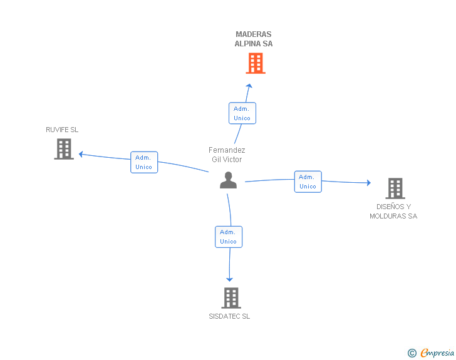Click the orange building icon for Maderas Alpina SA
256,63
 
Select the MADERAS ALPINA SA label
254,39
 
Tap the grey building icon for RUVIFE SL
64,149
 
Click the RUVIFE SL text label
62,130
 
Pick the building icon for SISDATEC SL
231,298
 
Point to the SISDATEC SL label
229,316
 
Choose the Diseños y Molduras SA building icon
395,188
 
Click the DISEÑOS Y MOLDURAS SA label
393,212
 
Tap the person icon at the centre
228,180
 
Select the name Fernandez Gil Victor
227,155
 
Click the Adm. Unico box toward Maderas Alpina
242,113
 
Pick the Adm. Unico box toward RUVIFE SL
144,162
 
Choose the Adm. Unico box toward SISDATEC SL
229,237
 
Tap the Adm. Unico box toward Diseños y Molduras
308,182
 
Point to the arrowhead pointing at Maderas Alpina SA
249,86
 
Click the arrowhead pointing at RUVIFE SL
81,155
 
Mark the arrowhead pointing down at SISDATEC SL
229,280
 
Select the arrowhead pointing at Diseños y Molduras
369,183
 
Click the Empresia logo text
437,352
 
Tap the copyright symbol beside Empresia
412,353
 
